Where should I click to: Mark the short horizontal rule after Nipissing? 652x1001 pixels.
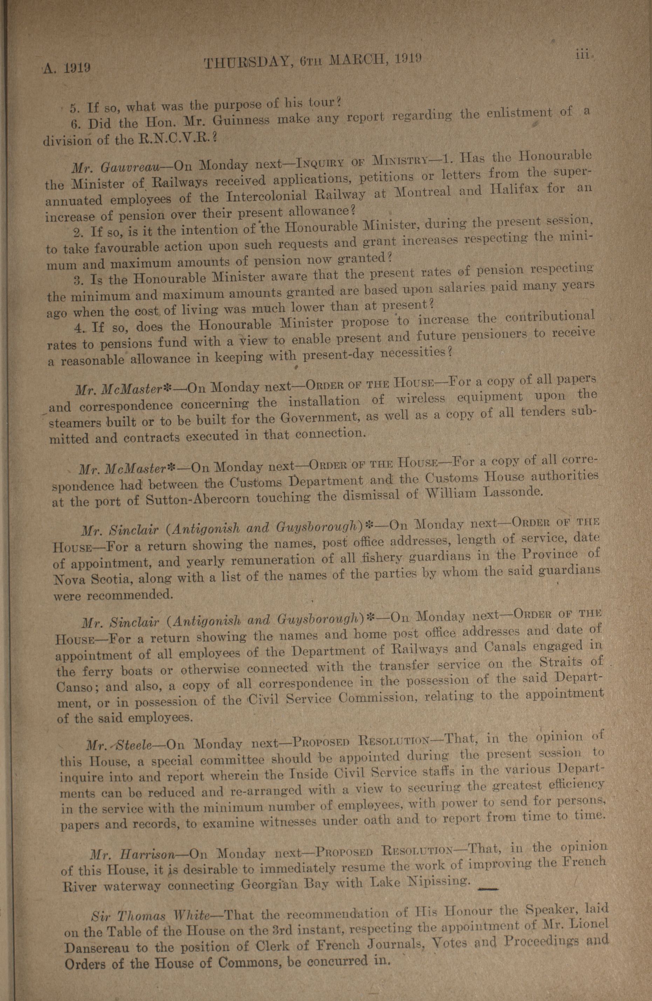(489, 888)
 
